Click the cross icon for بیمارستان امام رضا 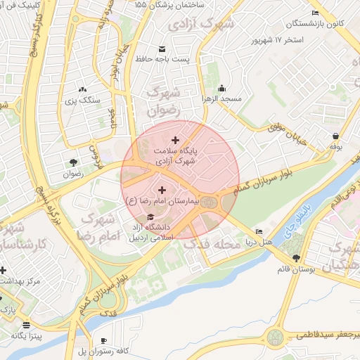[162, 190]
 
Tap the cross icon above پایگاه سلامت [175, 141]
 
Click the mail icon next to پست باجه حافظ [162, 49]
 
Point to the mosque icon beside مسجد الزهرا [222, 89]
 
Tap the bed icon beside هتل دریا [259, 231]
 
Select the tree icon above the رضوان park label [73, 161]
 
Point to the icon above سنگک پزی [83, 89]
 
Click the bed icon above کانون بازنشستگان [314, 13]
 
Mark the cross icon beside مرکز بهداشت [3, 270]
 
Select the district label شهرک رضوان [164, 101]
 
